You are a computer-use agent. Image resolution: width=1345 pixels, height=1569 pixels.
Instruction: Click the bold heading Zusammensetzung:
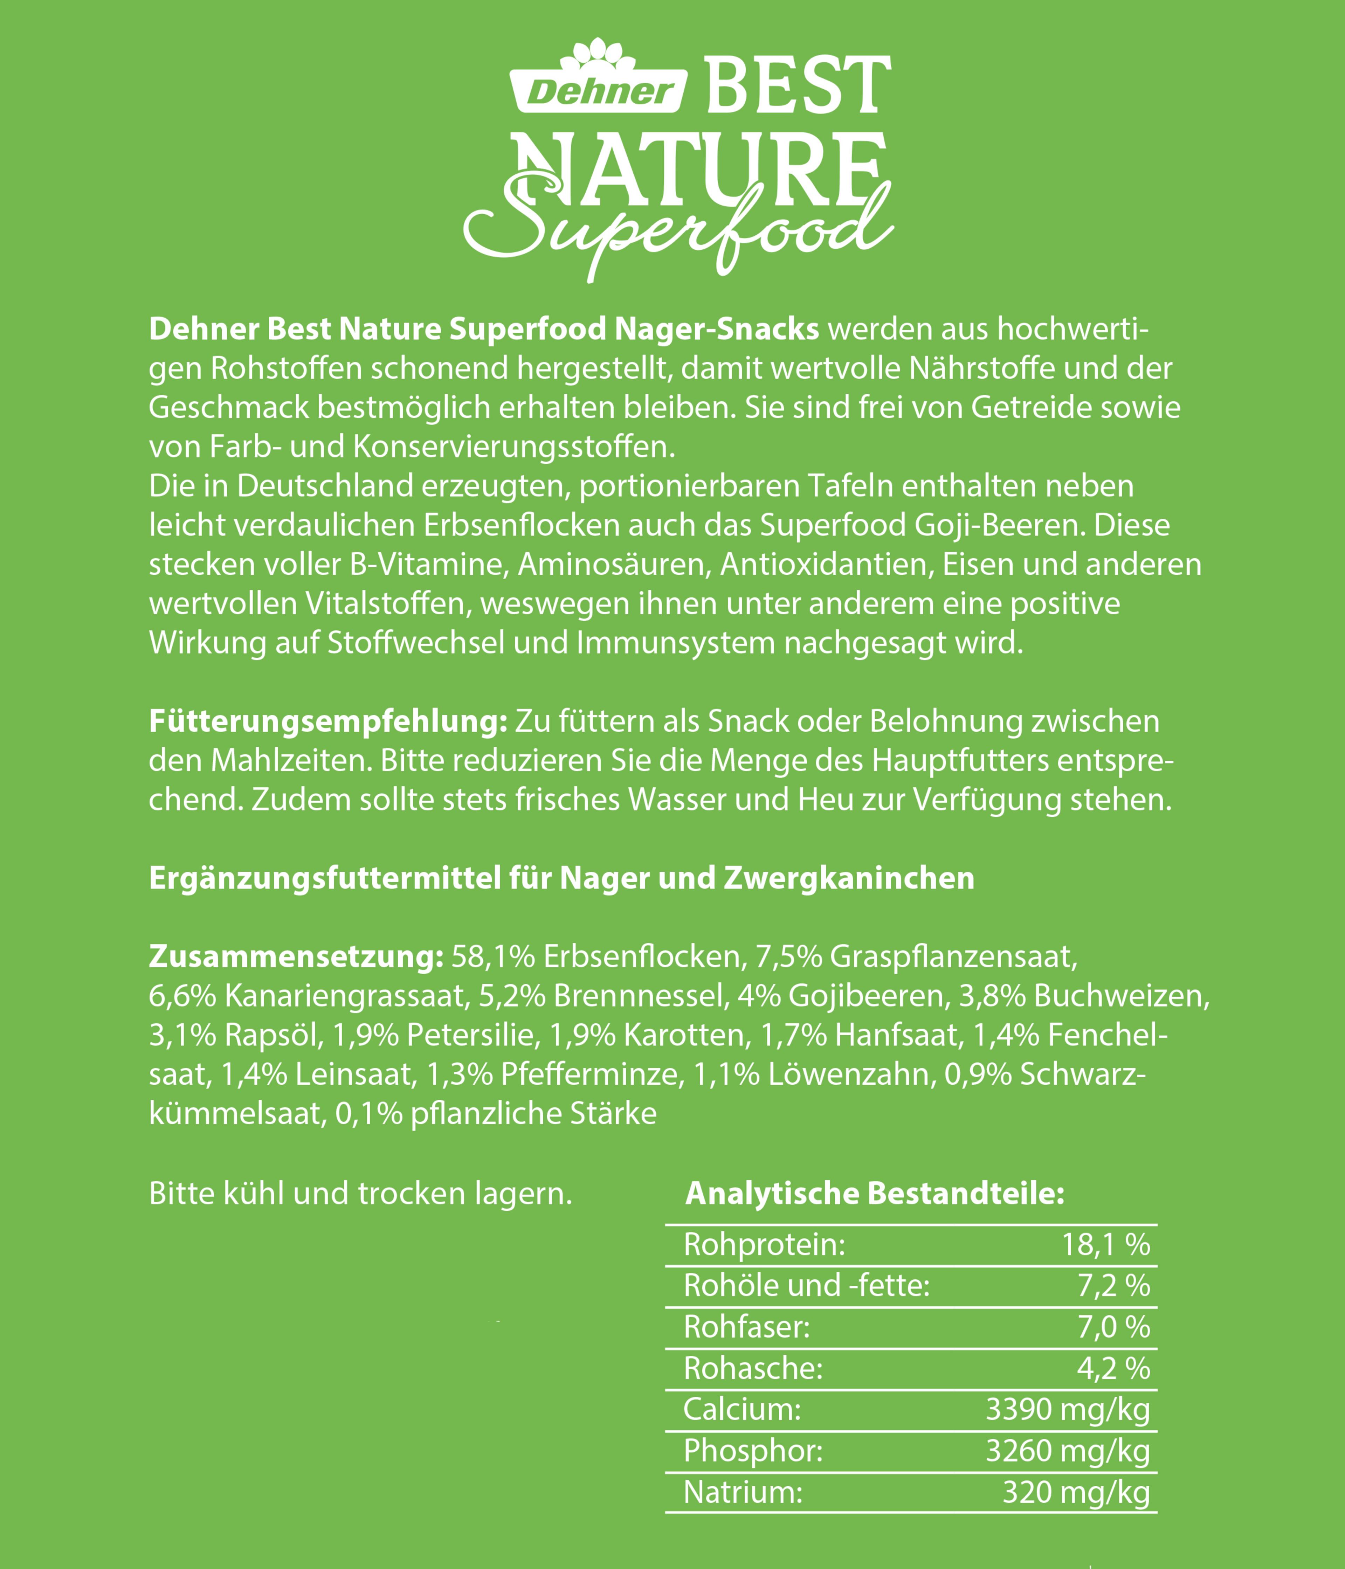click(x=295, y=956)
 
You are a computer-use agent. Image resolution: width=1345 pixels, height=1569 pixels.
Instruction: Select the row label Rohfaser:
click(x=747, y=1327)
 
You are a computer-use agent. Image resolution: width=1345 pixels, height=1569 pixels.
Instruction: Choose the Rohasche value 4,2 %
click(x=1113, y=1368)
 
